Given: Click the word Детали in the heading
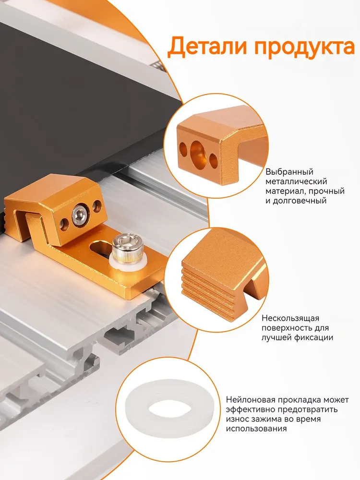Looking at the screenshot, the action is click(x=208, y=47).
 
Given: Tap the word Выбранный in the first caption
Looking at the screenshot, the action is click(x=289, y=172).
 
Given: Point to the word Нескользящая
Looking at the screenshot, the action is click(x=290, y=318).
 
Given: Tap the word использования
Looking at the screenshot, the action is click(x=256, y=428).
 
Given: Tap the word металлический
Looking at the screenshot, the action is click(x=296, y=181).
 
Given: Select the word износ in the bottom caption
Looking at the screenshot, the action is click(x=238, y=419).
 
